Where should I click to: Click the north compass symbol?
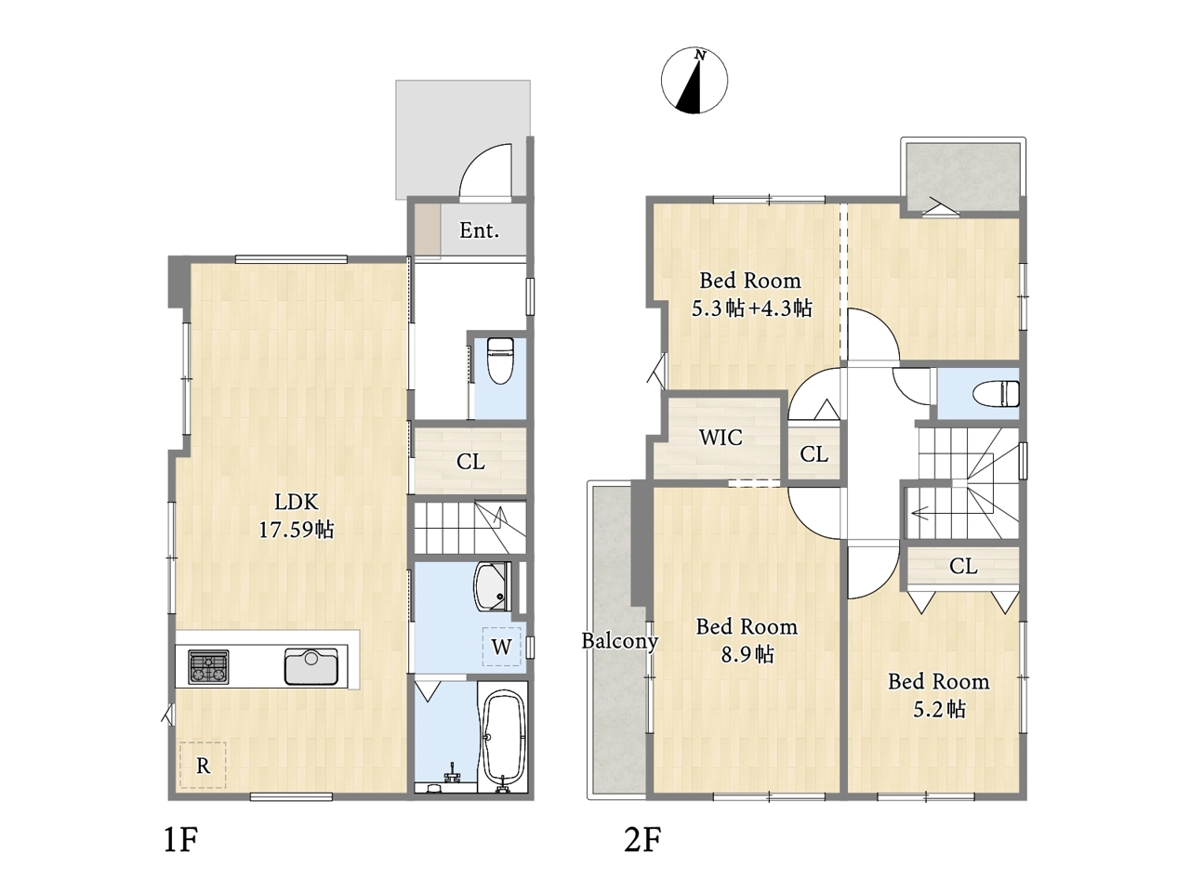(x=694, y=81)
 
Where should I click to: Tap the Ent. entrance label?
(x=479, y=230)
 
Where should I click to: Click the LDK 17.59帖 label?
(x=296, y=516)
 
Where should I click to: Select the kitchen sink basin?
(x=311, y=666)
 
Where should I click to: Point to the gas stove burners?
(x=209, y=666)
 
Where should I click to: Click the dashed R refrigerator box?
(x=203, y=765)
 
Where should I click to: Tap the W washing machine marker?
(x=501, y=646)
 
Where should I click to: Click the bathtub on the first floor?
(x=503, y=739)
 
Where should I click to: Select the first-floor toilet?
(x=499, y=361)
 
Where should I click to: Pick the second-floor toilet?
(x=996, y=394)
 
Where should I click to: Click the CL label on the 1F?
(x=470, y=462)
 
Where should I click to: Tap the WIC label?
(x=721, y=438)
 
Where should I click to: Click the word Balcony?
(x=620, y=641)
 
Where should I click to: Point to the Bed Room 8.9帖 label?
(x=747, y=640)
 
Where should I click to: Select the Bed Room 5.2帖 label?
(x=938, y=695)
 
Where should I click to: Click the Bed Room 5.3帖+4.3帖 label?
(x=751, y=295)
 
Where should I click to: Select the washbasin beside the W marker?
(x=493, y=586)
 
